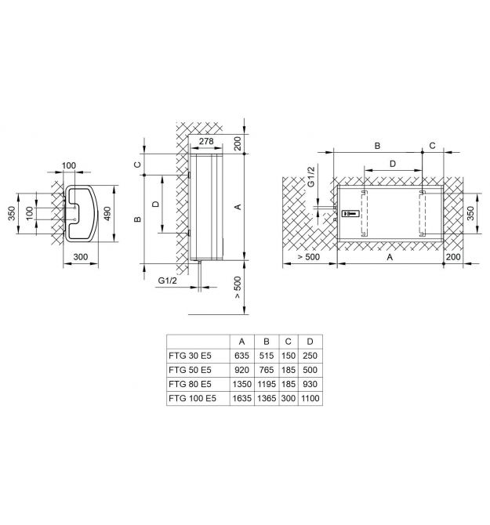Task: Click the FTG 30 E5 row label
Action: point(190,356)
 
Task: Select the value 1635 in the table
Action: point(241,398)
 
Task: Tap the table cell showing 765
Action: point(267,370)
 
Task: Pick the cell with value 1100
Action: point(310,398)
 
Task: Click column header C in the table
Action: point(288,342)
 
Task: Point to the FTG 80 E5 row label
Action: point(190,384)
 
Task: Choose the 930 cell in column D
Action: point(310,384)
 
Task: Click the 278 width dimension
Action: point(206,141)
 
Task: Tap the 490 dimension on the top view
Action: point(107,213)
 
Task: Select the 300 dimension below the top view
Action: point(81,257)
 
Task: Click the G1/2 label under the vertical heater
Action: point(167,281)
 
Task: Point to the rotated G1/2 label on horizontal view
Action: point(311,177)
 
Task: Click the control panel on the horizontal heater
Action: point(350,213)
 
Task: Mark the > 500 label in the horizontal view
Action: point(308,257)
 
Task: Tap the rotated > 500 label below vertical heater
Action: point(238,288)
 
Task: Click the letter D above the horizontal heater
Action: point(393,164)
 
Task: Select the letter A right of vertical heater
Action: point(238,207)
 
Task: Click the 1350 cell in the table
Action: point(241,384)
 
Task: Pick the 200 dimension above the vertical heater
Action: point(238,143)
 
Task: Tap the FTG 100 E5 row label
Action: point(192,398)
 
